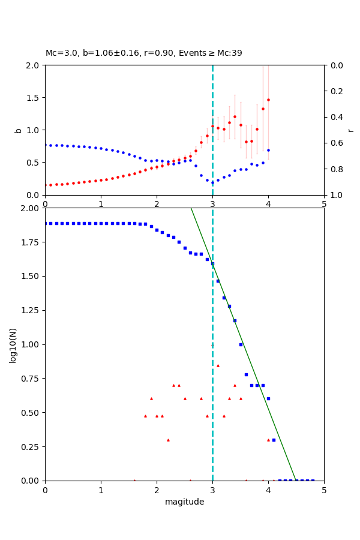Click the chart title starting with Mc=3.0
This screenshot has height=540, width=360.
(144, 53)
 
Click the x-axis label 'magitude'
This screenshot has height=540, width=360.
(184, 502)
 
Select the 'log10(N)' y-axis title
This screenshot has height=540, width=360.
(13, 344)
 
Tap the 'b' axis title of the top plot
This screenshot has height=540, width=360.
(18, 130)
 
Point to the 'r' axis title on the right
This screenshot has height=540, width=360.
(350, 130)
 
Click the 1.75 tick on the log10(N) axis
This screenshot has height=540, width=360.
(31, 242)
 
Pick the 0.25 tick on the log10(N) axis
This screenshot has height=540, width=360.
(31, 446)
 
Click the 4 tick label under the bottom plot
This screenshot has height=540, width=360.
(268, 489)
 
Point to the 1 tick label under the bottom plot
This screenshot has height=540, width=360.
(101, 489)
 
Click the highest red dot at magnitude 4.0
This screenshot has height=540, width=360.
(268, 100)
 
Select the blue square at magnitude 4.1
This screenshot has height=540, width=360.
(274, 440)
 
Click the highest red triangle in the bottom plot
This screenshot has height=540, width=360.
(218, 365)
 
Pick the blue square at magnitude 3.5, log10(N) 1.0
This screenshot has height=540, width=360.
(241, 344)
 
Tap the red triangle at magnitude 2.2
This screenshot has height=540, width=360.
(168, 440)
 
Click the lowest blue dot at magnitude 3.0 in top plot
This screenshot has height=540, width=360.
(212, 182)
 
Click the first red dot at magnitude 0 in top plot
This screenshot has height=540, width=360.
(46, 185)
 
